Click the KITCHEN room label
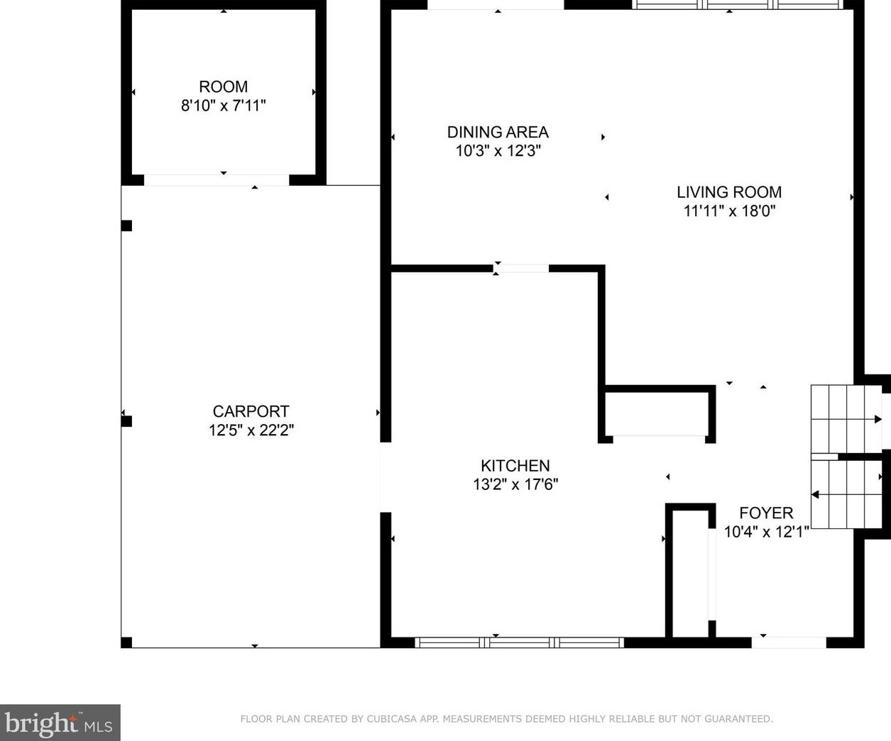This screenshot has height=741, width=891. pyautogui.click(x=515, y=466)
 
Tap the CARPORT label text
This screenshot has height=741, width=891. pyautogui.click(x=251, y=411)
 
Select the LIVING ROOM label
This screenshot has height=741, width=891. pyautogui.click(x=728, y=192)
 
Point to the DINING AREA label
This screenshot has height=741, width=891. pyautogui.click(x=498, y=132)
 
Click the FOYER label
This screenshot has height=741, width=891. pyautogui.click(x=766, y=513)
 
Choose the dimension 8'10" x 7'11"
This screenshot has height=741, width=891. pyautogui.click(x=223, y=106)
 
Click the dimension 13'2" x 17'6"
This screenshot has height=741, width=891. pyautogui.click(x=515, y=484)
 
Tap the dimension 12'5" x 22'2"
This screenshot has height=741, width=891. pyautogui.click(x=251, y=430)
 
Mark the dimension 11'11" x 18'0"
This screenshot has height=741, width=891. pyautogui.click(x=728, y=211)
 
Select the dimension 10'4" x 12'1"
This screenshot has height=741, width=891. pyautogui.click(x=766, y=532)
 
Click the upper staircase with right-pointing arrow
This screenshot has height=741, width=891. pyautogui.click(x=846, y=419)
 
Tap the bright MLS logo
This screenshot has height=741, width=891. pyautogui.click(x=60, y=723)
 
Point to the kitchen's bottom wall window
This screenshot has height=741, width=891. pyautogui.click(x=519, y=642)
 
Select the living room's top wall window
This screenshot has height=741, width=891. pyautogui.click(x=737, y=4)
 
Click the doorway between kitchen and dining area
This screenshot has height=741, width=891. pyautogui.click(x=521, y=268)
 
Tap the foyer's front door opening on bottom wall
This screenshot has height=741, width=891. pyautogui.click(x=788, y=642)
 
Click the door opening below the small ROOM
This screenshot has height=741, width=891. pyautogui.click(x=217, y=180)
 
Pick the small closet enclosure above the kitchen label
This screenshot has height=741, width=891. pyautogui.click(x=659, y=413)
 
